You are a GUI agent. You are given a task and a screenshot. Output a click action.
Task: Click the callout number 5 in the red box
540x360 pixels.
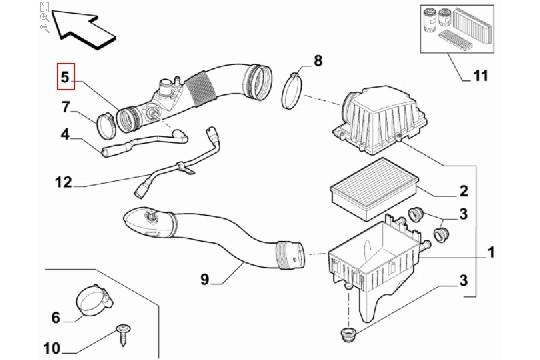[x=65, y=77]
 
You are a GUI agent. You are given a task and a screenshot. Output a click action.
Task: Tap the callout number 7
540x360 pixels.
[x=66, y=107]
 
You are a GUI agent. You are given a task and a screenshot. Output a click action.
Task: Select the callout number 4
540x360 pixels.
[x=65, y=134]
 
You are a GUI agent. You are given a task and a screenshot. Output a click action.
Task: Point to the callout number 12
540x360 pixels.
[x=63, y=182]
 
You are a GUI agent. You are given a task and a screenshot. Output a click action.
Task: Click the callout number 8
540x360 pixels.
[x=318, y=61]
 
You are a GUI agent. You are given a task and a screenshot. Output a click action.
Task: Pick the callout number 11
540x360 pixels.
[x=480, y=75]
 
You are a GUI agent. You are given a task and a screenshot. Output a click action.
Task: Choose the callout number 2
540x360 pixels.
[x=464, y=191]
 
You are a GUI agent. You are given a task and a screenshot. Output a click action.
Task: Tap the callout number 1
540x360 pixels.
[x=491, y=252]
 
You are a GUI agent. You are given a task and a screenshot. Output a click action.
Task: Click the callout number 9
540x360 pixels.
[x=205, y=279]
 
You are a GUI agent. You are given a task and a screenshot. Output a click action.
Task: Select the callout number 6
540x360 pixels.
[x=56, y=317]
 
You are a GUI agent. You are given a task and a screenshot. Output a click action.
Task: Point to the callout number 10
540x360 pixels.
[x=52, y=348]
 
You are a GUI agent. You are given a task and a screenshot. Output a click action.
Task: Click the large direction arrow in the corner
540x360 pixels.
[x=84, y=29]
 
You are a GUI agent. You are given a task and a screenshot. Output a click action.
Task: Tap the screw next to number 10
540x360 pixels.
[x=123, y=333]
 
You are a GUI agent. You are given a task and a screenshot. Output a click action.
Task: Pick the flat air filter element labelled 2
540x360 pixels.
[x=374, y=188]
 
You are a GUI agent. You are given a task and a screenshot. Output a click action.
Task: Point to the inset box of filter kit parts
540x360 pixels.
[x=457, y=29]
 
